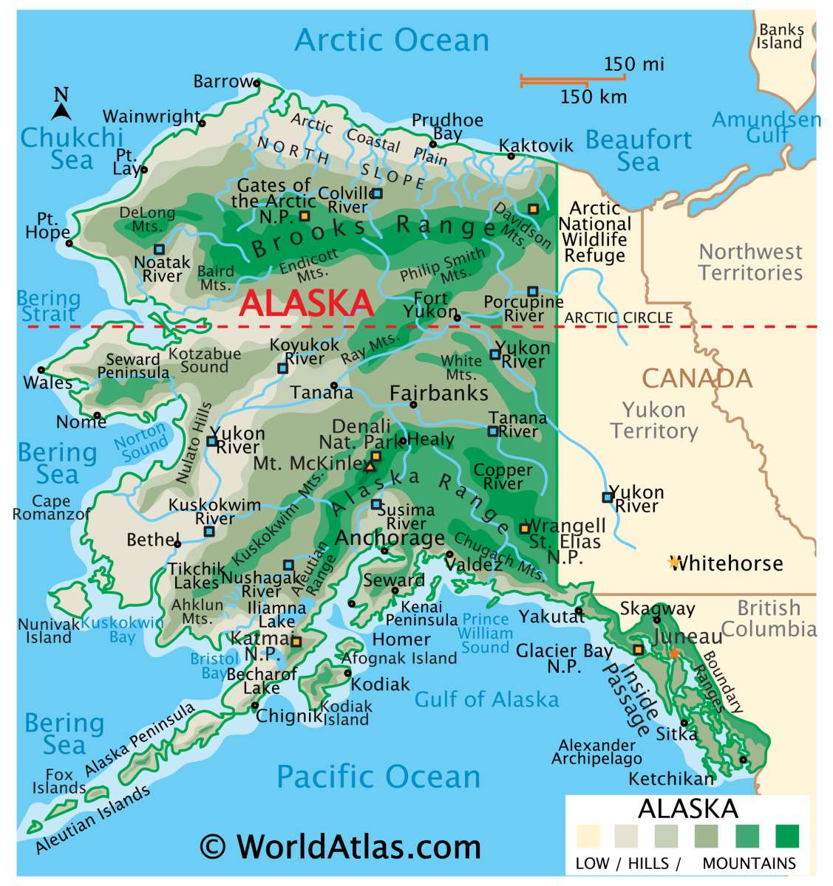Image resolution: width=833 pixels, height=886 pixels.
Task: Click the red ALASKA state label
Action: pyautogui.click(x=306, y=303)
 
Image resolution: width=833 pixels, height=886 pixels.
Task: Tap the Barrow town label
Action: pyautogui.click(x=223, y=81)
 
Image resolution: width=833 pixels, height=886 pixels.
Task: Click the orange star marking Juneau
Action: pyautogui.click(x=673, y=653)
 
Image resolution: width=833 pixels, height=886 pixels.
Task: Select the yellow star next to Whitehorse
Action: pyautogui.click(x=673, y=563)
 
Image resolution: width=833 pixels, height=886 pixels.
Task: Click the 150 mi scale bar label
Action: pyautogui.click(x=633, y=64)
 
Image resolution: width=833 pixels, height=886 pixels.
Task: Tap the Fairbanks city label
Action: pyautogui.click(x=439, y=393)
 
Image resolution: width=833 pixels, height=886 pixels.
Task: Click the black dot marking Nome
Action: pyautogui.click(x=97, y=415)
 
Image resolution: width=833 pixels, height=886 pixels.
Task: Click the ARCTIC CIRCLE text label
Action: pyautogui.click(x=619, y=317)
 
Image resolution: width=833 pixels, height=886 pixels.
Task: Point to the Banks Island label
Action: pyautogui.click(x=780, y=36)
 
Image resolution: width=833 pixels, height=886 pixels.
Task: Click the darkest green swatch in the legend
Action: pyautogui.click(x=786, y=836)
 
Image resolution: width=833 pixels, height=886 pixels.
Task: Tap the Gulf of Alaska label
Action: pyautogui.click(x=486, y=698)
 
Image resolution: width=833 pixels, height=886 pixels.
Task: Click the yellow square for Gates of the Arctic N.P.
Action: pyautogui.click(x=304, y=216)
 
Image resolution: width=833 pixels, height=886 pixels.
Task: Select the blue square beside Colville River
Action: pyautogui.click(x=377, y=193)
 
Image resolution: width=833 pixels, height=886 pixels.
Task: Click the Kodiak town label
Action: pyautogui.click(x=380, y=684)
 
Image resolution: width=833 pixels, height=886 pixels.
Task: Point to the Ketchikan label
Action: pyautogui.click(x=671, y=778)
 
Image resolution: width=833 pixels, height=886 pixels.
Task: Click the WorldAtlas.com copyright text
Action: pyautogui.click(x=340, y=846)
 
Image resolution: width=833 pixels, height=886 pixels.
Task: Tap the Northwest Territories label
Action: pyautogui.click(x=750, y=262)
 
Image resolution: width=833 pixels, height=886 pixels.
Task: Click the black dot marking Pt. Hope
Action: pyautogui.click(x=69, y=243)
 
